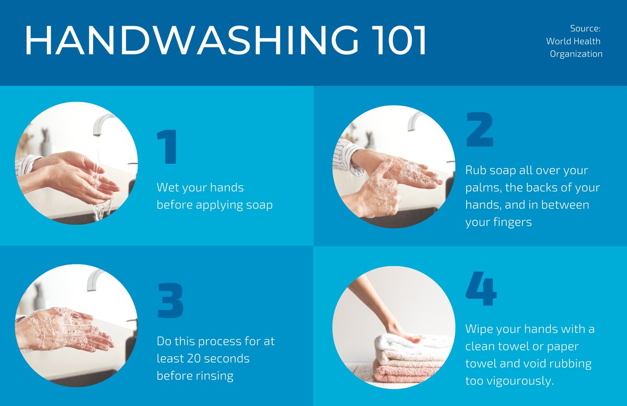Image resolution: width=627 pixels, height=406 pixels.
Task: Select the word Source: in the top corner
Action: point(585,28)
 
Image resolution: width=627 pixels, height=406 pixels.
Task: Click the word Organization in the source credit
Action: point(576,54)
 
